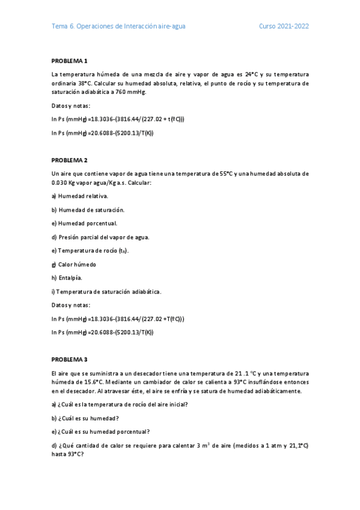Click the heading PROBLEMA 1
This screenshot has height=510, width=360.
[70, 61]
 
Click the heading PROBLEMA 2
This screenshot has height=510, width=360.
[70, 160]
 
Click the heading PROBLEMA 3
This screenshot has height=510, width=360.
[70, 359]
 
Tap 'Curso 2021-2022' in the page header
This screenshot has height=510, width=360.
[284, 26]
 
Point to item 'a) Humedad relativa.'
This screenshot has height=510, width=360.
[80, 196]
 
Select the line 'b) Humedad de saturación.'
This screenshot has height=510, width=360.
[88, 210]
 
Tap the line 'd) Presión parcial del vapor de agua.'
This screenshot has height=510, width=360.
[100, 237]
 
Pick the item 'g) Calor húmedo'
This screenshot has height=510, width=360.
[74, 265]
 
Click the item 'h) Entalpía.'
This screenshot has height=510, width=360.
[67, 278]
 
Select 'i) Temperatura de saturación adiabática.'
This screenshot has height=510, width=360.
[106, 292]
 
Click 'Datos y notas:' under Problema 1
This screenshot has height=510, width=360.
[71, 105]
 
